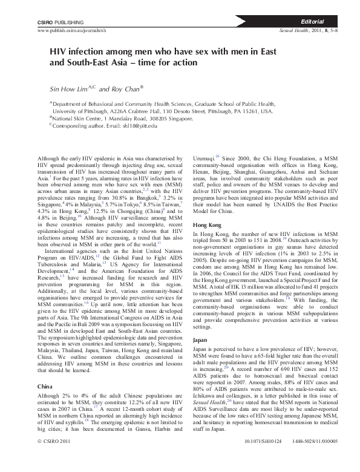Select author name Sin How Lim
(68, 89)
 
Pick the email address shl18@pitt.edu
(137, 125)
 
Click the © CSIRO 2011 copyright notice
(55, 459)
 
